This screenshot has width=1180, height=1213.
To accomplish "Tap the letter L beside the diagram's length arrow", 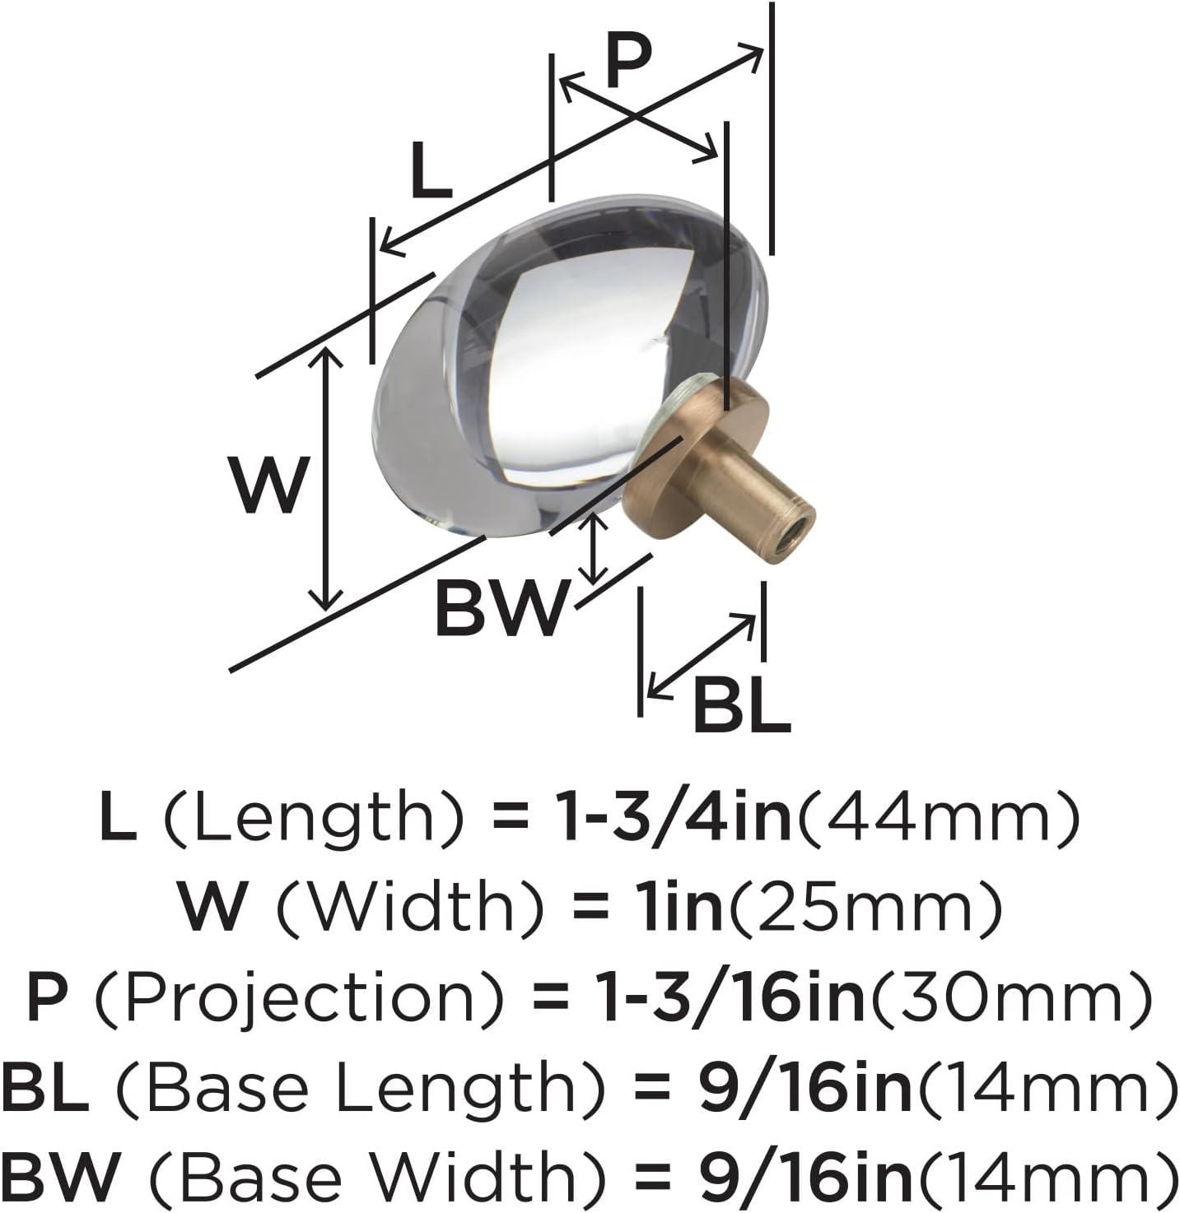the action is [x=431, y=170].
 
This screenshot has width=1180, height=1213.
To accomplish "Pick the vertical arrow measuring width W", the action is [x=325, y=479].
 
